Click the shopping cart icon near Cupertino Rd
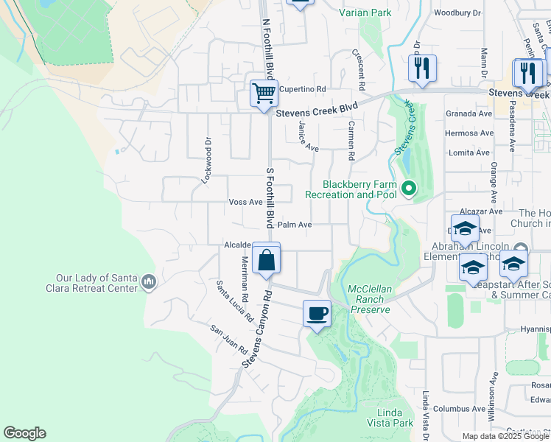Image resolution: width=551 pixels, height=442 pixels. click(x=264, y=93)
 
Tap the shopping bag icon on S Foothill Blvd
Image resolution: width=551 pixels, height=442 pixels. click(x=266, y=259)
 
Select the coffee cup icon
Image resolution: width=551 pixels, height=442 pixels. click(x=317, y=314)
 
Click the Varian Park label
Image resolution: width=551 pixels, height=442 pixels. click(x=365, y=13)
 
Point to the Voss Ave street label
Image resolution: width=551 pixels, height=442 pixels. click(x=245, y=202)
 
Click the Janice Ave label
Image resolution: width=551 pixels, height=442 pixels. click(x=308, y=136)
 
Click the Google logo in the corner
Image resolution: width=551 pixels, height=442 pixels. click(x=24, y=433)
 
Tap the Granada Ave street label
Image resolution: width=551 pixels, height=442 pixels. click(x=468, y=114)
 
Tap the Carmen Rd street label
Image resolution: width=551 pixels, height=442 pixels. click(x=352, y=141)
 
